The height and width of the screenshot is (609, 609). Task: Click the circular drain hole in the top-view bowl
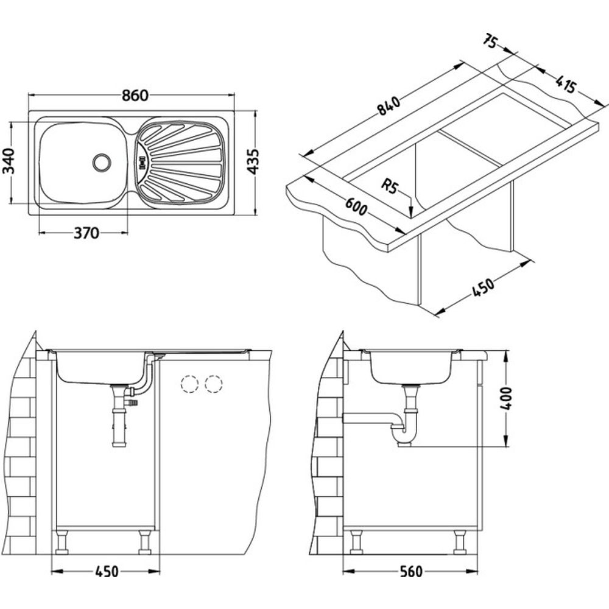coord(101,161)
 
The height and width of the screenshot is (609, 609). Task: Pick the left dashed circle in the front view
coord(190,384)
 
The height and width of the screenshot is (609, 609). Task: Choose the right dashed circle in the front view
coord(213,384)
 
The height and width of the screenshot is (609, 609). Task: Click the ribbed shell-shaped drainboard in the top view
coord(180,162)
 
